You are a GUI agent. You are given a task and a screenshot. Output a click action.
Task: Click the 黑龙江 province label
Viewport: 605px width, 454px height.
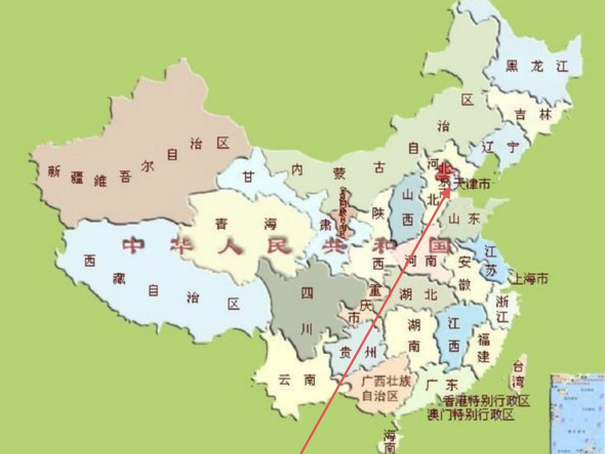tap(536, 66)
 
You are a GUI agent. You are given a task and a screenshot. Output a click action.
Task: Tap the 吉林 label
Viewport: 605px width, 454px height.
tap(534, 115)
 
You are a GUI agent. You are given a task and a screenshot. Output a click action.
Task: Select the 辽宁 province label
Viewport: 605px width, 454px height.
tap(500, 147)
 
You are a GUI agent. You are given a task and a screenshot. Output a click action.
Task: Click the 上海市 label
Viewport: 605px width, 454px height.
tap(531, 279)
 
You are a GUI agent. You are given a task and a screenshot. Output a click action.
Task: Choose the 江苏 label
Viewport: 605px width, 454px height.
tap(491, 261)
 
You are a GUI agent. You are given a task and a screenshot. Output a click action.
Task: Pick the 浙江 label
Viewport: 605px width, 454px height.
tap(502, 308)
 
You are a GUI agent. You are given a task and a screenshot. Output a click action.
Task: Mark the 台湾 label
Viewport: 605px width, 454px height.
tap(518, 374)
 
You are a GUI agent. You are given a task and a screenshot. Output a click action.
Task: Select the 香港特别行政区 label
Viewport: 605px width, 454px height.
tap(487, 401)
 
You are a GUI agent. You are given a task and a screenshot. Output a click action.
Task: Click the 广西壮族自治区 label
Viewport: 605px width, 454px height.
tap(385, 388)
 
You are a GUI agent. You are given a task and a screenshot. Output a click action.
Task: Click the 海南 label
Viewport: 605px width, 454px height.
tap(389, 441)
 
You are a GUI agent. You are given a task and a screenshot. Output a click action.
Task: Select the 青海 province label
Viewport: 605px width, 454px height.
tap(246, 224)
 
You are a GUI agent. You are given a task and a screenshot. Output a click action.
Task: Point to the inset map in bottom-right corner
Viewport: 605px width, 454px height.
tap(577, 414)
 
